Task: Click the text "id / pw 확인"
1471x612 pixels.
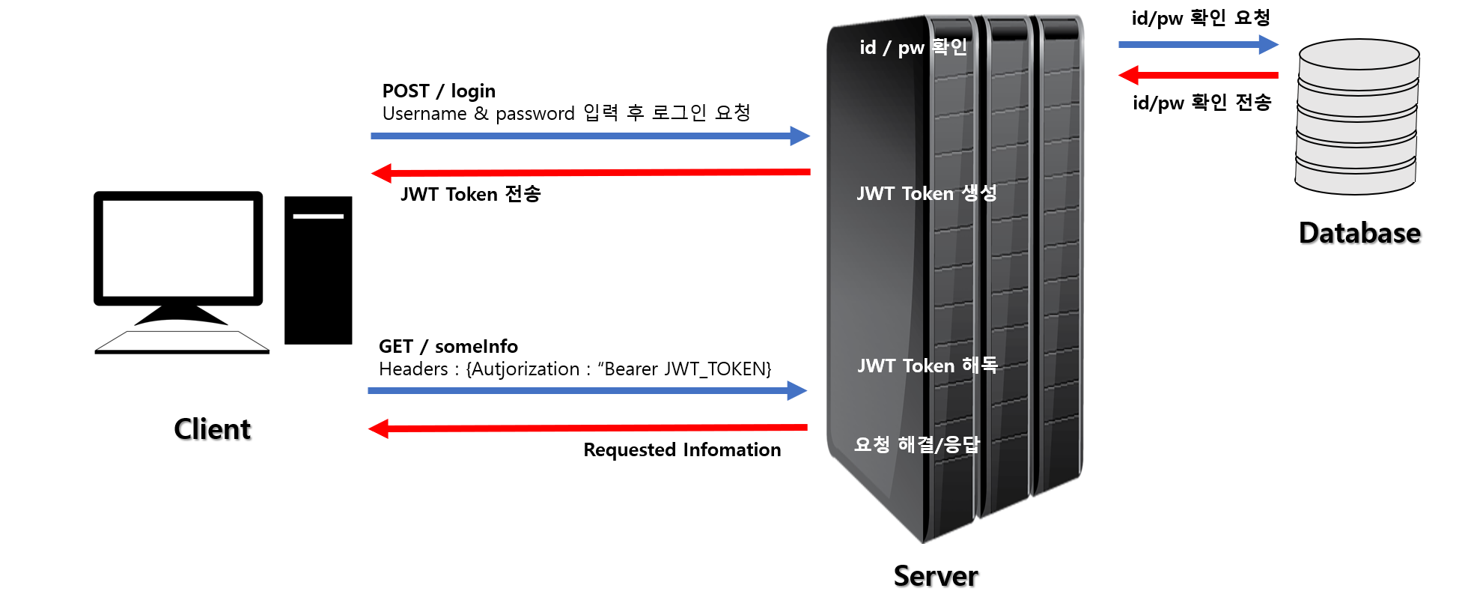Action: click(x=913, y=48)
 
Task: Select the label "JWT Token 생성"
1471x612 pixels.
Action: click(x=926, y=193)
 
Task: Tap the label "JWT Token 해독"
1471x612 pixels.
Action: click(x=927, y=366)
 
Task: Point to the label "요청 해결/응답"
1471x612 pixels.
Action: click(x=916, y=445)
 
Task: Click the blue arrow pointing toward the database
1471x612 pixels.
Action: click(x=1190, y=45)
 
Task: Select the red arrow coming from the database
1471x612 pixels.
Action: click(x=1205, y=75)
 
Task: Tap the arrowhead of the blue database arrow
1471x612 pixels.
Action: click(x=1269, y=45)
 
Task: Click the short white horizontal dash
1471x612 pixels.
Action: click(x=318, y=216)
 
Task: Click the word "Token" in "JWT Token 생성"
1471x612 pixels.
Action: click(x=928, y=193)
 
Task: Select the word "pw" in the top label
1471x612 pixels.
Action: click(x=911, y=49)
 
